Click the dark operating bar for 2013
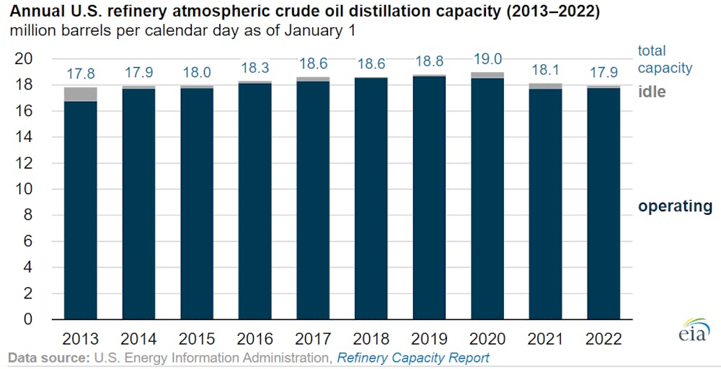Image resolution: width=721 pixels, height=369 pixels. point(80,209)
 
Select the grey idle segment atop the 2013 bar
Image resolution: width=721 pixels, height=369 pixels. point(80,94)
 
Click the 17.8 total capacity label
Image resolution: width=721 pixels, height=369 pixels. point(80,73)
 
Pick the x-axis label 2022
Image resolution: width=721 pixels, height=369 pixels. point(603,338)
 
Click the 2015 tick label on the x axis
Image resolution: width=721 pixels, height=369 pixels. point(196,338)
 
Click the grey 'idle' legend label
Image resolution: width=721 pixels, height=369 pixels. point(652,92)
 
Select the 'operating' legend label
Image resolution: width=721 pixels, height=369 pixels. point(675,206)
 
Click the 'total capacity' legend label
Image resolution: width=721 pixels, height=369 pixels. point(664,59)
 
